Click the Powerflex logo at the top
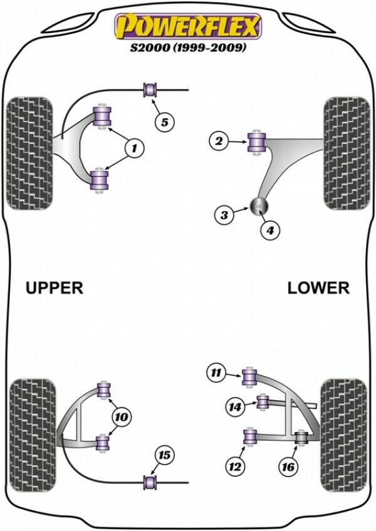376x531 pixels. (187, 27)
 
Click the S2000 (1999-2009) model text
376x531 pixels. (187, 47)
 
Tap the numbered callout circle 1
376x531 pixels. (134, 148)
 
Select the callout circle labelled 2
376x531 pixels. (219, 142)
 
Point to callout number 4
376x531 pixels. (270, 230)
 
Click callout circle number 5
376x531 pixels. (164, 122)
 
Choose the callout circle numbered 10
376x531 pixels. (122, 416)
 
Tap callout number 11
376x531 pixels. (217, 374)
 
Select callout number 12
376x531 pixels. (236, 466)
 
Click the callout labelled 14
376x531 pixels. (236, 408)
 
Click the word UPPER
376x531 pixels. (55, 287)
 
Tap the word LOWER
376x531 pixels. (318, 287)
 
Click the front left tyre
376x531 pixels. (29, 153)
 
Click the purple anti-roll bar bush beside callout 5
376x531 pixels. (150, 90)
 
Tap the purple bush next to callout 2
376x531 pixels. (256, 142)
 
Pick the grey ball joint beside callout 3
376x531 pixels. (259, 205)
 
